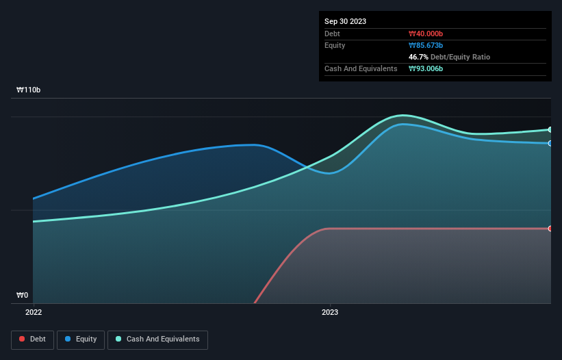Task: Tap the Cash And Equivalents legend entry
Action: click(157, 339)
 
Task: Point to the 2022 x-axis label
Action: click(33, 312)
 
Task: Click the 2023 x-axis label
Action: click(330, 312)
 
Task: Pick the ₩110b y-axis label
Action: click(28, 90)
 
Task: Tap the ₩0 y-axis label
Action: click(23, 296)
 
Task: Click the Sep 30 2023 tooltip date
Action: click(345, 21)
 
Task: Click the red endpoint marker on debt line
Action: click(550, 229)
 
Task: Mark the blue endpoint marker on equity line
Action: click(550, 143)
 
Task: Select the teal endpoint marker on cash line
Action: click(550, 129)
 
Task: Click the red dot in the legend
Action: click(23, 339)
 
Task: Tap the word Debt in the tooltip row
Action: click(332, 34)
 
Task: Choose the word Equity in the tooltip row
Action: click(334, 45)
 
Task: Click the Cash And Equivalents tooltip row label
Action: click(360, 68)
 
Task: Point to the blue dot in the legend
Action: click(69, 339)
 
